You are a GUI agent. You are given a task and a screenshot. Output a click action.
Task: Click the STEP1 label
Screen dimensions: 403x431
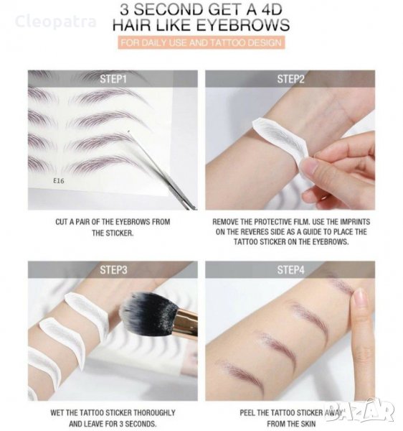click(113, 79)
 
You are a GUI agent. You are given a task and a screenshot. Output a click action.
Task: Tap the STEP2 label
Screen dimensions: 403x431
click(290, 79)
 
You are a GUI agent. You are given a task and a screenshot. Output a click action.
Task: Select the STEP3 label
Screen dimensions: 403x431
click(113, 270)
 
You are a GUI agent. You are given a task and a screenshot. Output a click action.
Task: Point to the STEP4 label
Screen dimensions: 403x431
click(290, 270)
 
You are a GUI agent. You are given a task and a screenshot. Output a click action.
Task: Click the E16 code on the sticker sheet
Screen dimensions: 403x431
click(58, 180)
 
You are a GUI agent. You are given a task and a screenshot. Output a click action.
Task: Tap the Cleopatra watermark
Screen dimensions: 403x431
click(56, 22)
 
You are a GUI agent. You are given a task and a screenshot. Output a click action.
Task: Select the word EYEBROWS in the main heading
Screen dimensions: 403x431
click(243, 24)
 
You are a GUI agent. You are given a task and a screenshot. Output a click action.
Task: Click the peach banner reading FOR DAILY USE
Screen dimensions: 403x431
click(201, 43)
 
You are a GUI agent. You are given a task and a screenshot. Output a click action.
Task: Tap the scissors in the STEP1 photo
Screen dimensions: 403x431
click(162, 170)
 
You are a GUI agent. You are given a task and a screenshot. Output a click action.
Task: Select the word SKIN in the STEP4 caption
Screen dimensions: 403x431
click(308, 424)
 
